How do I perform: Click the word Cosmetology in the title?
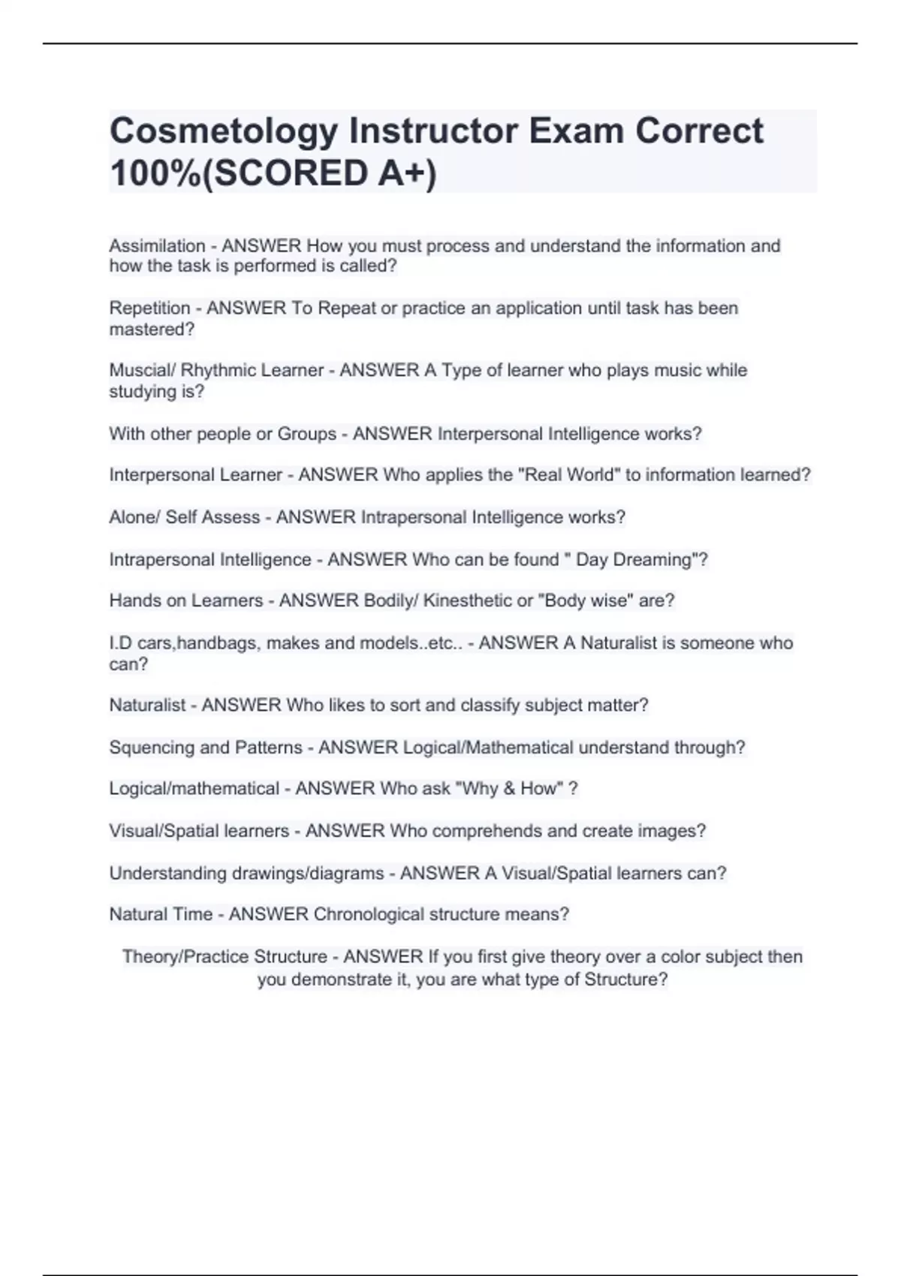(x=224, y=131)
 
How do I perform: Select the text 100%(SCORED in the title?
(x=233, y=173)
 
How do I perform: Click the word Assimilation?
(x=157, y=246)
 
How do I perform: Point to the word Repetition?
(x=149, y=308)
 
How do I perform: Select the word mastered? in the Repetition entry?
(x=152, y=330)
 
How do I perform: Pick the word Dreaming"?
(x=661, y=560)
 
